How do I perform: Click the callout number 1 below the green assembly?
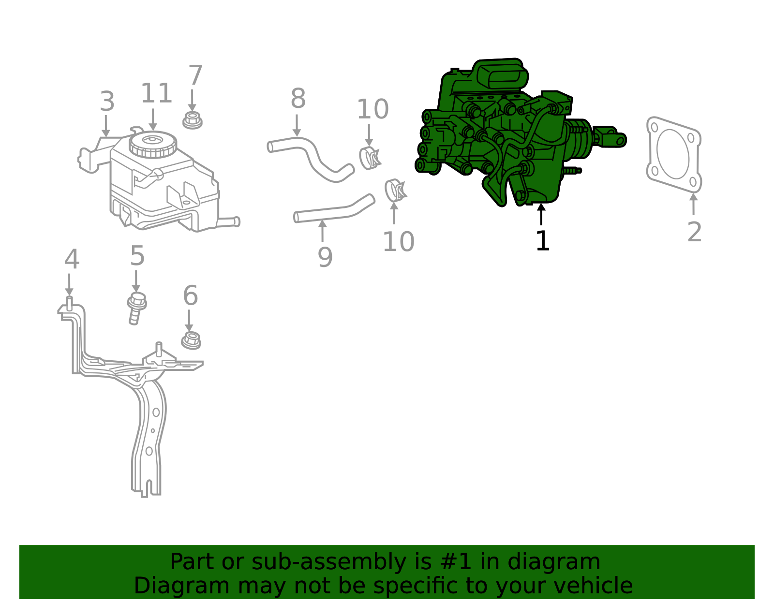coord(543,241)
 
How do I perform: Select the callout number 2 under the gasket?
coord(694,232)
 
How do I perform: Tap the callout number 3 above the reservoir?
coord(107,102)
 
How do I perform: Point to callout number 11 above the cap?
coord(156,93)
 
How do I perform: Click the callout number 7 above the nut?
coord(195,76)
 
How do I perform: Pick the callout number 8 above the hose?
coord(298,99)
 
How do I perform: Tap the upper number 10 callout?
coord(372,109)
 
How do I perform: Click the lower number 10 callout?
coord(398,242)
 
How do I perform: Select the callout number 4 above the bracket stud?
coord(72,260)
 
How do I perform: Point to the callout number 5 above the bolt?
coord(137,256)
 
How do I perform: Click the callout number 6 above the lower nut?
coord(190,295)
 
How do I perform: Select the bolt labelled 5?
coord(136,308)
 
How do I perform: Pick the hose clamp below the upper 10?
coord(370,158)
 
